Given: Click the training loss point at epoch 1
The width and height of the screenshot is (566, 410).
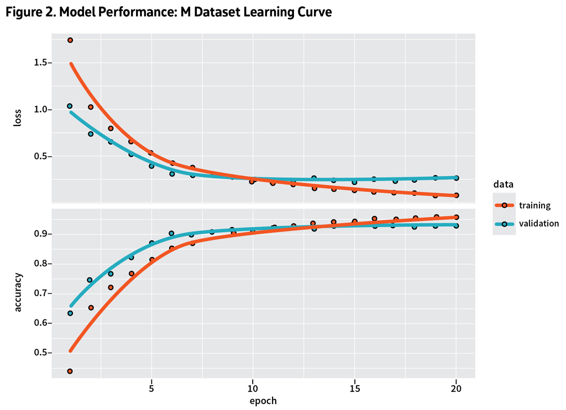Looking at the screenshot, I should [x=70, y=40].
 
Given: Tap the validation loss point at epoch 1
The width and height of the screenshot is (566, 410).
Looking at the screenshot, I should [x=70, y=106].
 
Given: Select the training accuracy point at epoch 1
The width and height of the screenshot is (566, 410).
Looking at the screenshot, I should [x=70, y=371].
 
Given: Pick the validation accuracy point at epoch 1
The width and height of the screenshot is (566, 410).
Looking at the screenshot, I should [x=70, y=313].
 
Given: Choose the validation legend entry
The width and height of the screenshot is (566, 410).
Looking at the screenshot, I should [x=526, y=224].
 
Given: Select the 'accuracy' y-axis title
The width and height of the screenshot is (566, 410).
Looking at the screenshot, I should [x=18, y=292].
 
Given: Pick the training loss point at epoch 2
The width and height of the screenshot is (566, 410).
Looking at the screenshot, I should [x=91, y=107].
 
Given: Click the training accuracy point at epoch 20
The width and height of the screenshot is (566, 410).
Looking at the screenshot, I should [x=456, y=217].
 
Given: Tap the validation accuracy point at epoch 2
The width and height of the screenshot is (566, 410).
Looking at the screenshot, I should [x=90, y=280].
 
